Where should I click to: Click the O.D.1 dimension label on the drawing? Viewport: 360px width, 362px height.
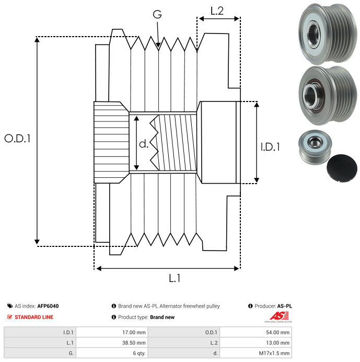[17, 139]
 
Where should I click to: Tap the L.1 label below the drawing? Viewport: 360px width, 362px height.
[175, 278]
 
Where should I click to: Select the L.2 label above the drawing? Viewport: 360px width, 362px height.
[217, 10]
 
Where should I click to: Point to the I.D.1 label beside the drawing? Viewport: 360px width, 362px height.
[270, 147]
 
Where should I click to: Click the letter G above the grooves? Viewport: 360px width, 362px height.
[157, 15]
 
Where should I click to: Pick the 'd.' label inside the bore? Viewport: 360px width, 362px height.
[144, 143]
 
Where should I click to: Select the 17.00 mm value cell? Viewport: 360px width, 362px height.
[135, 332]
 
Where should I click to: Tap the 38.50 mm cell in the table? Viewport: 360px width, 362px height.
[135, 342]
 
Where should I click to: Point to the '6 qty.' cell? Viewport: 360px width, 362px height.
[138, 353]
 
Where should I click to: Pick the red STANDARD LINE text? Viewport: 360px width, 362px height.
[34, 317]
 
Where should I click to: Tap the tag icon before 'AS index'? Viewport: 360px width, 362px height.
[10, 306]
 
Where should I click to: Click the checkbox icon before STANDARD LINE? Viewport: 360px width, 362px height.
[10, 317]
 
